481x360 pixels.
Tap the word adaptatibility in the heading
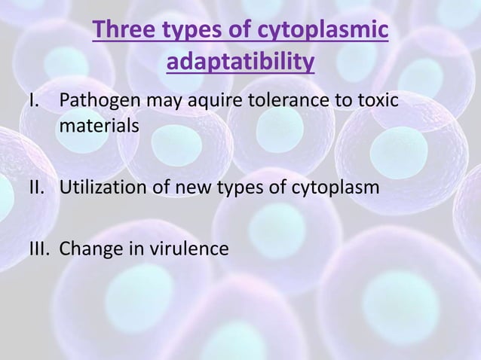(239, 65)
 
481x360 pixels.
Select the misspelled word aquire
(202, 101)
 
